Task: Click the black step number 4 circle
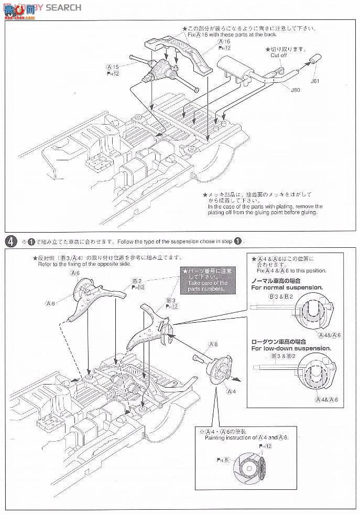[x=9, y=241]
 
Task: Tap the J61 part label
[x=315, y=81]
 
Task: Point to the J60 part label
[x=296, y=90]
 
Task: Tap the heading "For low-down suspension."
[x=290, y=347]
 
